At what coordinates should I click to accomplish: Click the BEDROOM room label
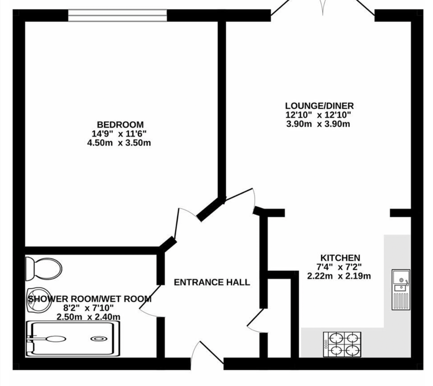pos(120,125)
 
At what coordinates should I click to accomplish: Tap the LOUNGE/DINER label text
pos(319,106)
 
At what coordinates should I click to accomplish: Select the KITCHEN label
pos(340,258)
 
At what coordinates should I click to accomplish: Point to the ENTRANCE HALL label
pos(212,282)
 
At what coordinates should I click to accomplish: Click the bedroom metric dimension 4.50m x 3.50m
pos(119,143)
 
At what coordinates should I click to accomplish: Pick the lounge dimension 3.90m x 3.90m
pos(318,124)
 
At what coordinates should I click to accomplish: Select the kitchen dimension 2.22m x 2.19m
pos(339,276)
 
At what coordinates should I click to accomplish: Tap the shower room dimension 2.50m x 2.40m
pos(88,317)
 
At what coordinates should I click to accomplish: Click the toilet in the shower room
pos(45,267)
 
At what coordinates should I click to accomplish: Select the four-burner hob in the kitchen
pos(343,344)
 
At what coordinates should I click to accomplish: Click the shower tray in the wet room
pos(74,339)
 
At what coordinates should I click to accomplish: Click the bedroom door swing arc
pos(183,221)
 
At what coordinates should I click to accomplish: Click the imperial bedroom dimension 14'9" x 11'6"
pos(119,134)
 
